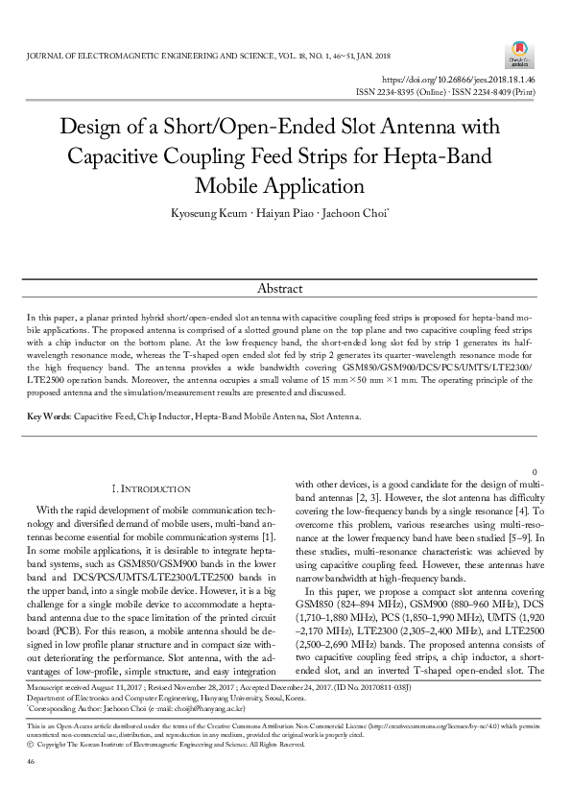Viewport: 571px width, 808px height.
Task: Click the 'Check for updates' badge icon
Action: tap(519, 50)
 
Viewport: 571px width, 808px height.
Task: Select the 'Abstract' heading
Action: tap(279, 289)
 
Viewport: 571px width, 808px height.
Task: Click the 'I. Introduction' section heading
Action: tap(157, 489)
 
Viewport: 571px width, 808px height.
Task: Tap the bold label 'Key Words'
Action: tap(47, 416)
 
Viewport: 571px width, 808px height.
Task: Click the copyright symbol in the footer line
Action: tap(32, 769)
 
